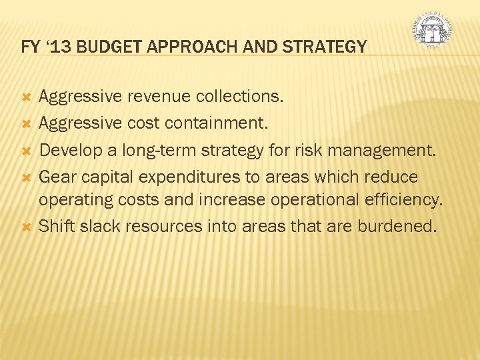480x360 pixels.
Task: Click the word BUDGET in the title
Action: click(x=103, y=47)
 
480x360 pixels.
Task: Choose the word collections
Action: click(x=239, y=97)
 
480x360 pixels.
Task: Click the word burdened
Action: click(x=397, y=226)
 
